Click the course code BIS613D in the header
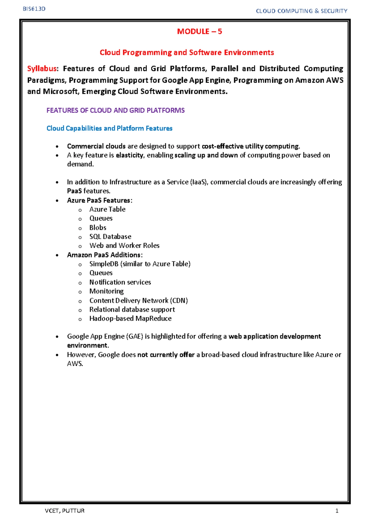pyautogui.click(x=34, y=9)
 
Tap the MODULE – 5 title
pyautogui.click(x=199, y=31)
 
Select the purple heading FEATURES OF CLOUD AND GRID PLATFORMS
pyautogui.click(x=115, y=110)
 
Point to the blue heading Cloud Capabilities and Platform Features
pyautogui.click(x=109, y=128)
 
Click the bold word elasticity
pyautogui.click(x=129, y=155)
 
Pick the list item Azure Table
pyautogui.click(x=107, y=209)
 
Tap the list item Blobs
pyautogui.click(x=98, y=228)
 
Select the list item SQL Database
pyautogui.click(x=110, y=237)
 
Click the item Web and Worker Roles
pyautogui.click(x=124, y=245)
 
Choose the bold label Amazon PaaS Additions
pyautogui.click(x=104, y=255)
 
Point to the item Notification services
pyautogui.click(x=120, y=282)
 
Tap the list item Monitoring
pyautogui.click(x=106, y=291)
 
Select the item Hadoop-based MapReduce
pyautogui.click(x=130, y=319)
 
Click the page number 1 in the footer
pyautogui.click(x=337, y=511)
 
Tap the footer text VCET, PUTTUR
pyautogui.click(x=65, y=511)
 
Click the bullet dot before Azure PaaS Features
pyautogui.click(x=57, y=201)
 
